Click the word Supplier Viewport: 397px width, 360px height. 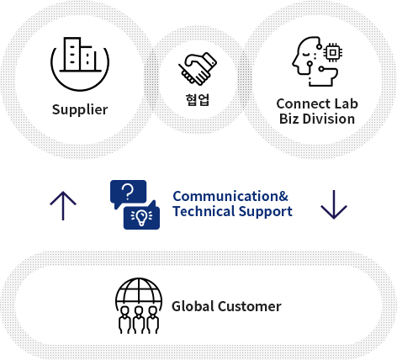point(80,109)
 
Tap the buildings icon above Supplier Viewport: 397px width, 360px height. point(80,55)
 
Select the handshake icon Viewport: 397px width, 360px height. point(198,68)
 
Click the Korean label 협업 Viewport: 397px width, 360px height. point(198,100)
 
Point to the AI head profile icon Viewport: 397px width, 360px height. point(314,61)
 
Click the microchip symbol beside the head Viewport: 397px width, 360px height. point(333,52)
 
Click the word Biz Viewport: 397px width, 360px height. point(288,119)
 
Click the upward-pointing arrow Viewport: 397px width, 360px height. point(63,206)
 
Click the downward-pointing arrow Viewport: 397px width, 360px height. point(334,204)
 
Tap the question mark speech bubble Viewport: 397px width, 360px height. point(128,193)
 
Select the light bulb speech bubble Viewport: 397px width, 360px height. point(142,215)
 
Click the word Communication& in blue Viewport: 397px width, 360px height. point(230,196)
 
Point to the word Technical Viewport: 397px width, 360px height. point(204,211)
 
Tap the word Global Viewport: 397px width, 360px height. point(193,306)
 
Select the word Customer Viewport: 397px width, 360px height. point(250,306)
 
